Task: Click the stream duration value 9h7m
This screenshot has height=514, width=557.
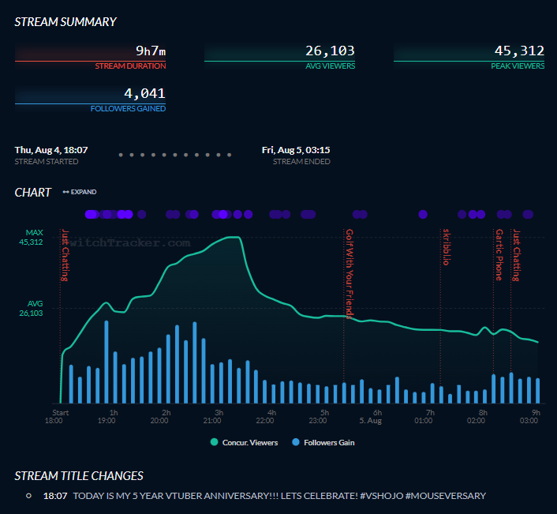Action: coord(151,51)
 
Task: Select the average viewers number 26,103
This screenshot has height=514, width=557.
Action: coord(330,51)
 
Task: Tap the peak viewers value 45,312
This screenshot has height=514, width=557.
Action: coord(519,51)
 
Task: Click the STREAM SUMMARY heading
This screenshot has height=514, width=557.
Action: coord(65,22)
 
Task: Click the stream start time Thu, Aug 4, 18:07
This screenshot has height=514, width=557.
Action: coord(51,149)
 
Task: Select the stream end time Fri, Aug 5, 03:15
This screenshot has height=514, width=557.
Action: coord(296,149)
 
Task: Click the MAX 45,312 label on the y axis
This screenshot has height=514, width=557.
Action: coord(32,238)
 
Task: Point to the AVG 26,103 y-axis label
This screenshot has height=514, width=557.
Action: coord(32,309)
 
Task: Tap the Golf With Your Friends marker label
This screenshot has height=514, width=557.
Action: coord(350,273)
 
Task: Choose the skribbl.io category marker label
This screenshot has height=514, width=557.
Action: coord(446,247)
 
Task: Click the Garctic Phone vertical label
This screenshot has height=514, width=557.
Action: coord(499,255)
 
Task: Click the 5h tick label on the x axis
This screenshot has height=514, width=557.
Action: coord(324,412)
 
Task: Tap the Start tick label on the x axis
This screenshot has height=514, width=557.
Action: coord(61,412)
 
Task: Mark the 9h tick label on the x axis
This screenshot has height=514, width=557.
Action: coord(536,412)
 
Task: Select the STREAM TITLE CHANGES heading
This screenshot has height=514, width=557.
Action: coord(79,475)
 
